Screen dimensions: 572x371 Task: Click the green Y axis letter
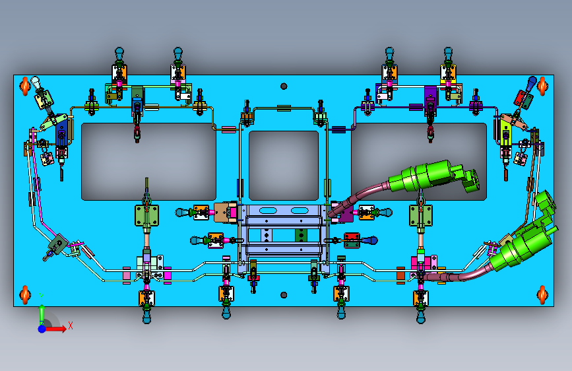click(42, 296)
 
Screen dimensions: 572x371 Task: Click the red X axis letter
click(71, 325)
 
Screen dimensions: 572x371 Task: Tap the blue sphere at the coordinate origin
click(42, 329)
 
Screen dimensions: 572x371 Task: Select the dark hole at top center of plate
click(284, 86)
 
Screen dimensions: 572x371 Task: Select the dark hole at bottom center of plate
click(284, 294)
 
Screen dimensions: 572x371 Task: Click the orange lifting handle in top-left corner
click(25, 86)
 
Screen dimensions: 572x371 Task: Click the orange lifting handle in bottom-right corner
click(542, 294)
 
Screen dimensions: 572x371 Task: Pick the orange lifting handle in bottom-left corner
click(25, 294)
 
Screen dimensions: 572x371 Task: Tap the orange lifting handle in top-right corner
click(542, 86)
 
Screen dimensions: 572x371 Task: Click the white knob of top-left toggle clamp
click(36, 81)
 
